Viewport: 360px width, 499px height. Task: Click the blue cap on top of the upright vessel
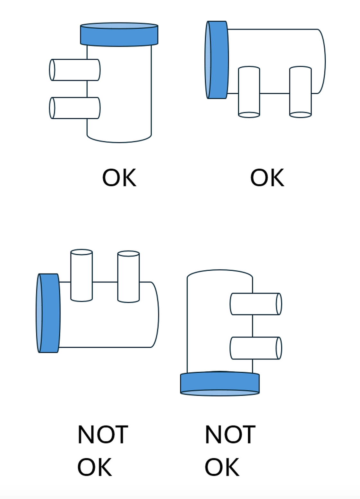119,35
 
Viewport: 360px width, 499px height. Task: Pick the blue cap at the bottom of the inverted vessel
220,383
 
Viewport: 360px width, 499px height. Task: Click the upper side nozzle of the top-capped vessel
75,70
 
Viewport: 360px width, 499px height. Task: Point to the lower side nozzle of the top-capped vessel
75,108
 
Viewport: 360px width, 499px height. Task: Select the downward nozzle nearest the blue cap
249,92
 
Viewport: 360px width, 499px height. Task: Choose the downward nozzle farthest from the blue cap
300,92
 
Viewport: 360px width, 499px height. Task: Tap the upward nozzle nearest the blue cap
81,275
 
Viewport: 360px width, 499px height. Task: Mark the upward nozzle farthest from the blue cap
128,276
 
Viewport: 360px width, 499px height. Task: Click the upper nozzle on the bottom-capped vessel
256,304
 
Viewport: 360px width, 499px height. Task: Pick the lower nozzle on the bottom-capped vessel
256,348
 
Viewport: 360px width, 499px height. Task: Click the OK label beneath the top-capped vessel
119,178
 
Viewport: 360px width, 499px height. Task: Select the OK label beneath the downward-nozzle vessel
267,178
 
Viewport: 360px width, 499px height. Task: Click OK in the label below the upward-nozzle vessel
95,467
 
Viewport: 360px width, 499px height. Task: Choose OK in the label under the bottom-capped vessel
222,467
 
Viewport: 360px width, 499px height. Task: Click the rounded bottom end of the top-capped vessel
119,138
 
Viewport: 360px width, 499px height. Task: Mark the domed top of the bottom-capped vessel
220,273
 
